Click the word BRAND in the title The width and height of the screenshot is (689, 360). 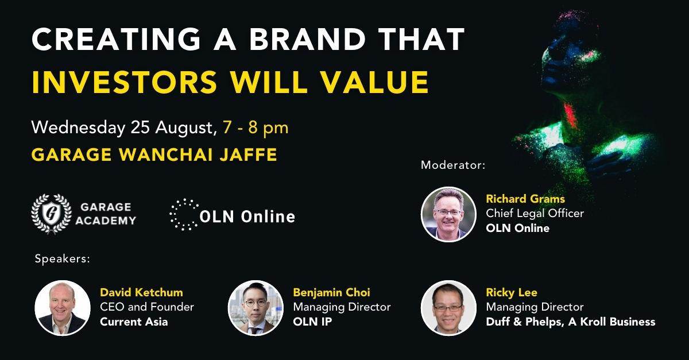click(307, 40)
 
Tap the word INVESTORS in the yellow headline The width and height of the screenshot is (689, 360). click(125, 82)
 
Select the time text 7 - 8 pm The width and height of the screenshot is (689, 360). click(256, 127)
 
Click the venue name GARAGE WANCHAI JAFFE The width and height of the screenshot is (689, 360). click(154, 154)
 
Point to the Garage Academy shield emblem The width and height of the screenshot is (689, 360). click(51, 214)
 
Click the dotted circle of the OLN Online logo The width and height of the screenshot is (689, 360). click(184, 215)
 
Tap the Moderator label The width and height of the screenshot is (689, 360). click(453, 165)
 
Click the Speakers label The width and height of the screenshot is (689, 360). click(63, 259)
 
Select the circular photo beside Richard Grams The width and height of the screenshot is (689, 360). click(448, 214)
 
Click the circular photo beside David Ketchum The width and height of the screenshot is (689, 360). click(63, 308)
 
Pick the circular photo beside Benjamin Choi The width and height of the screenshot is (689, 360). click(256, 308)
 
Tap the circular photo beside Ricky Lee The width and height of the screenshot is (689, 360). click(448, 308)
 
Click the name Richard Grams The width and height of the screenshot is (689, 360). click(525, 199)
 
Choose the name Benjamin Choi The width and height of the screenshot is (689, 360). click(332, 292)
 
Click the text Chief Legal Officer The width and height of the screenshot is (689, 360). click(535, 213)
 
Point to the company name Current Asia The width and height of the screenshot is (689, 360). click(134, 322)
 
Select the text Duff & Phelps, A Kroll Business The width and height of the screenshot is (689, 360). click(571, 322)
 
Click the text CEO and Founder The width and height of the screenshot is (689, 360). click(147, 307)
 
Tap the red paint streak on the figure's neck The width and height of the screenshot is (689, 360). click(570, 116)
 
